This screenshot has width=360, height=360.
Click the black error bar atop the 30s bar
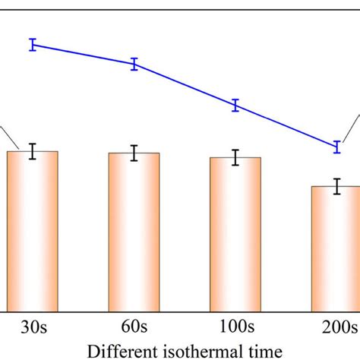tap(33, 151)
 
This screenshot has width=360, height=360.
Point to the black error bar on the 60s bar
tap(134, 153)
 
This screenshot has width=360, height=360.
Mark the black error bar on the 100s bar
tap(235, 158)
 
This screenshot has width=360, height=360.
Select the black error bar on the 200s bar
tap(336, 186)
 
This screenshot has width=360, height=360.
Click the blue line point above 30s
tap(33, 45)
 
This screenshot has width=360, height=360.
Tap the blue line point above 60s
tap(134, 65)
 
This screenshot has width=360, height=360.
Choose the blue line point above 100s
tap(235, 106)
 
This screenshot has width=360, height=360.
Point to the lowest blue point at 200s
tap(336, 147)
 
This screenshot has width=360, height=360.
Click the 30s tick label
tap(33, 328)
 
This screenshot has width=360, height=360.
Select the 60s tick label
tap(134, 328)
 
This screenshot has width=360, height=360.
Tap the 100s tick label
tap(235, 328)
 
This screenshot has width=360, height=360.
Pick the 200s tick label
tap(338, 328)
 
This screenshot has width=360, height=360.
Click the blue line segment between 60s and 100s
tap(185, 85)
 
